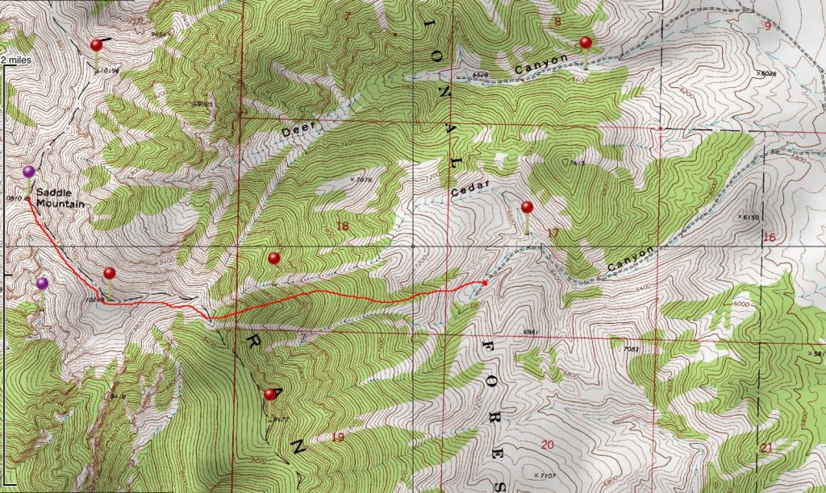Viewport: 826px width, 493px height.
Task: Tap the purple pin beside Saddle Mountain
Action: pos(29,172)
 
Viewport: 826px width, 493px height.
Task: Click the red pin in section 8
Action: pos(586,43)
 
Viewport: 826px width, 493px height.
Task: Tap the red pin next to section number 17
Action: pos(527,207)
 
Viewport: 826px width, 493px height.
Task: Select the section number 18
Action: pos(342,227)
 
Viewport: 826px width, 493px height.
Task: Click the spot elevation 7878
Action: pos(365,180)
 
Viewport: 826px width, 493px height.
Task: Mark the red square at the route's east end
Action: pos(484,282)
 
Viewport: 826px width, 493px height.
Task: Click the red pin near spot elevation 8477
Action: pos(269,394)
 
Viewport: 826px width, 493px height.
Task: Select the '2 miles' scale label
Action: pos(14,60)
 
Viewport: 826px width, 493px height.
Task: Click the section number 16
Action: pos(768,237)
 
